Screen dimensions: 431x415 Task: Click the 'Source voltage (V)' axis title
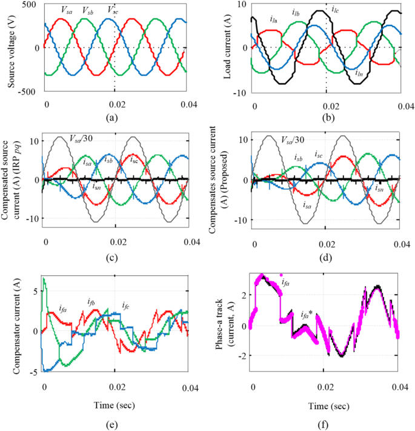[12, 47]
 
